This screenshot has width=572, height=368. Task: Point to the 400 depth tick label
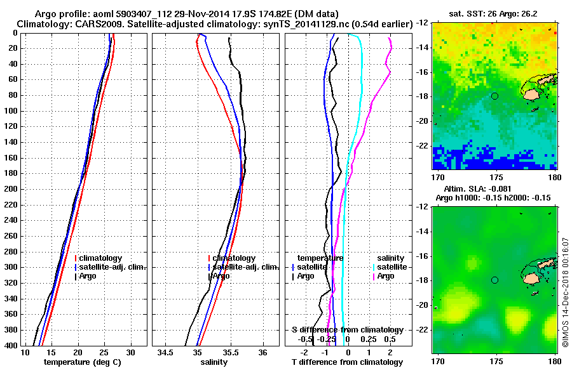pos(11,345)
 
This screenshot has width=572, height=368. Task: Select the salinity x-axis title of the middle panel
pos(214,362)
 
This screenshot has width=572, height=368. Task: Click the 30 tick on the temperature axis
pos(130,352)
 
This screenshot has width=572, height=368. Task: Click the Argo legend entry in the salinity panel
pos(221,276)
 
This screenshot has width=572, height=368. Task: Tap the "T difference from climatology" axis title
pos(347,362)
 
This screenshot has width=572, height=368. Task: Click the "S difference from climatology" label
pos(347,330)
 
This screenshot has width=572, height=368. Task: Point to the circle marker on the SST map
pos(494,96)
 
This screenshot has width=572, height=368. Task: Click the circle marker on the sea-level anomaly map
pos(494,280)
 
